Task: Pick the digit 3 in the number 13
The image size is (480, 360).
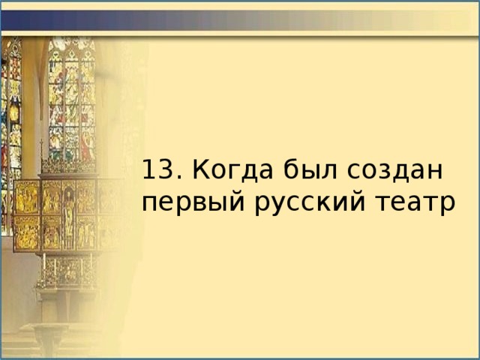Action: [162, 171]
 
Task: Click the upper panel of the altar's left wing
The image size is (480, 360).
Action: [28, 196]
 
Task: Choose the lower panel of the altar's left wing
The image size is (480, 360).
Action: [28, 232]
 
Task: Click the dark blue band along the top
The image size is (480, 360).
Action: [240, 19]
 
